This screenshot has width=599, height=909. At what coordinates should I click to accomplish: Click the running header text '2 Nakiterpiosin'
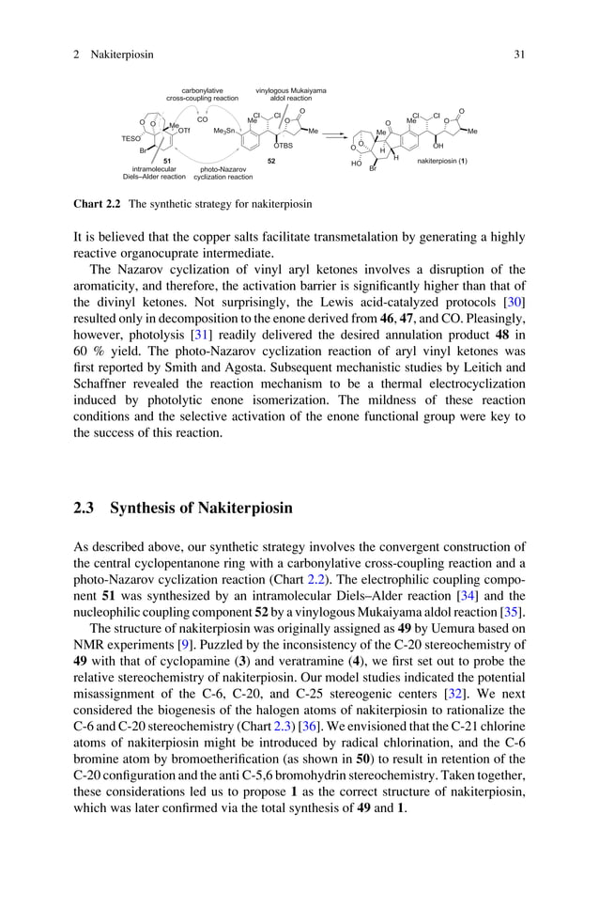coord(112,55)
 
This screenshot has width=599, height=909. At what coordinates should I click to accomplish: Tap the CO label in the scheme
coord(202,119)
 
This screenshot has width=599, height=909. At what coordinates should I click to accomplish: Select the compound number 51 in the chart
coord(167,162)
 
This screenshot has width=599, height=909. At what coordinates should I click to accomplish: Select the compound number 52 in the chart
coord(271,162)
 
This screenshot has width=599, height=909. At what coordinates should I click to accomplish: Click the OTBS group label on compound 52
coord(283,146)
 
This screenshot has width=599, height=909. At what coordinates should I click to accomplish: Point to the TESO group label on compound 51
coord(131,138)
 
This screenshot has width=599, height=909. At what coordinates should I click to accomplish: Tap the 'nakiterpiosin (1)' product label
coord(448,161)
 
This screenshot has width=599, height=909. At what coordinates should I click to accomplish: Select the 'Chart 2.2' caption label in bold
coord(97,203)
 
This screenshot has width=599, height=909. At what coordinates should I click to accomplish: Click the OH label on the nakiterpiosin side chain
coord(438,146)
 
